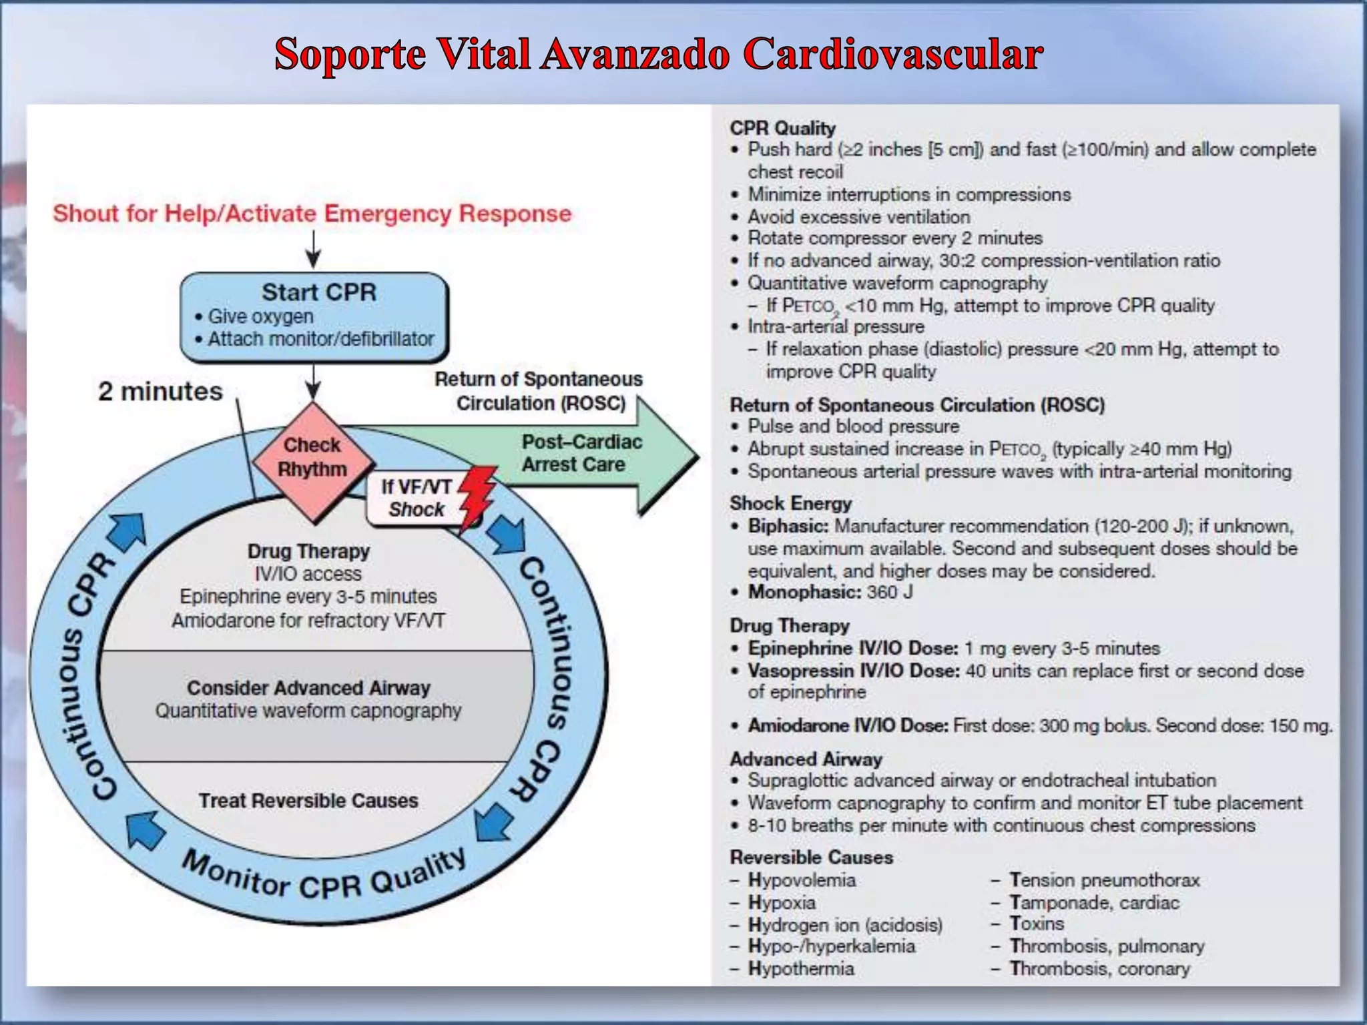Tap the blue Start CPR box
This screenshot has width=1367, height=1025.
[x=314, y=316]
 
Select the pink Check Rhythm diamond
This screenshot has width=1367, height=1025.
[x=312, y=457]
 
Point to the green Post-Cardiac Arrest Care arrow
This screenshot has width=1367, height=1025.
[x=587, y=454]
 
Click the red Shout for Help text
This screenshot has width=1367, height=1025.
[x=312, y=214]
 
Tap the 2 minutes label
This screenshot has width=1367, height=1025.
[x=160, y=391]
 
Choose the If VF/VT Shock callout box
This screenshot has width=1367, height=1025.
[x=415, y=498]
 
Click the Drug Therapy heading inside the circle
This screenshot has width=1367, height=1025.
[x=308, y=551]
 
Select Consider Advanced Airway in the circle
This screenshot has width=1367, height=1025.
[x=308, y=688]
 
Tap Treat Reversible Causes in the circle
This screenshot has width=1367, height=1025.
[x=308, y=800]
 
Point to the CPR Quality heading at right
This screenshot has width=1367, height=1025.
[x=782, y=128]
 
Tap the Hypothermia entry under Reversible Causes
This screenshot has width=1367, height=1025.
[x=801, y=968]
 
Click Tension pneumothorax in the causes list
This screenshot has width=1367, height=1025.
[x=1104, y=880]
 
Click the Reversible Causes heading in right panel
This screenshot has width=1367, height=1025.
[x=811, y=858]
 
